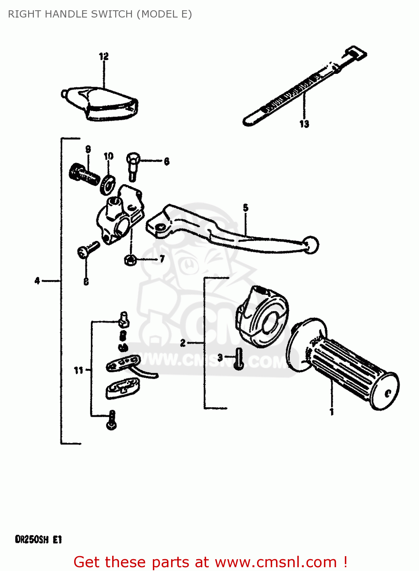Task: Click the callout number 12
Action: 104,56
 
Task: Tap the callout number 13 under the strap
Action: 304,124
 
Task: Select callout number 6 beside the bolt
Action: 167,161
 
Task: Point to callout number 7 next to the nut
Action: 162,259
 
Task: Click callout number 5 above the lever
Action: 246,207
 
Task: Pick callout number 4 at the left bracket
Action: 37,281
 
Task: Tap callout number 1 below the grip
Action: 332,412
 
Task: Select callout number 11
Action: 78,370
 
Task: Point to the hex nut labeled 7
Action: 130,260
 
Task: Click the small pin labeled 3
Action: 238,359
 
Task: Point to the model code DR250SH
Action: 32,539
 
